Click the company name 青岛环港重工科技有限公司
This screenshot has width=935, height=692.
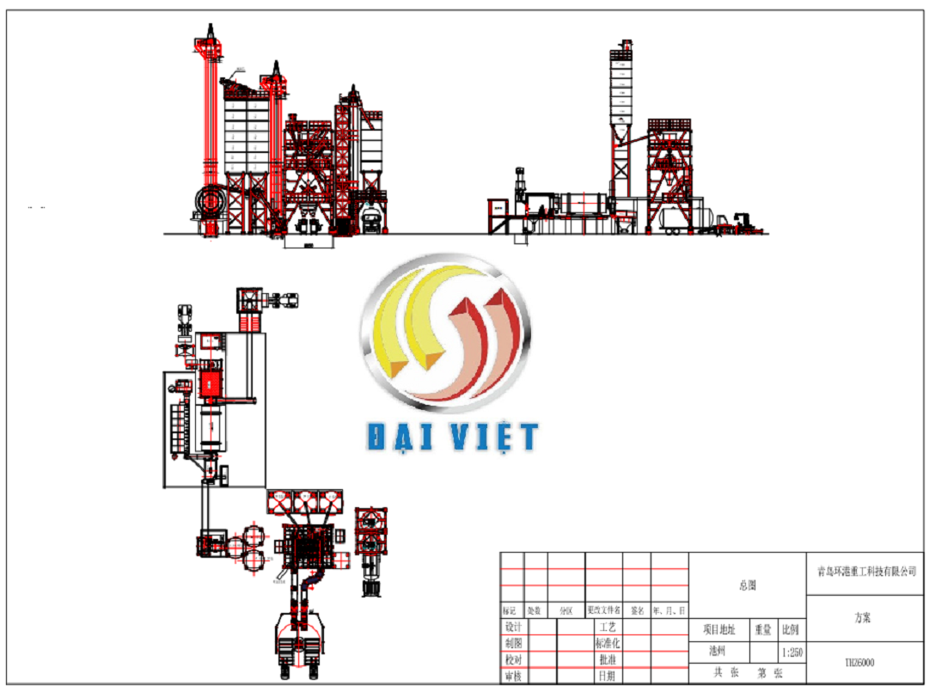click(865, 571)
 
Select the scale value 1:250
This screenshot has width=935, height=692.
click(792, 652)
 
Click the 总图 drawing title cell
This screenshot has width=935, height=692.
click(748, 585)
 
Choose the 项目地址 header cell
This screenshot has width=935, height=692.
click(718, 629)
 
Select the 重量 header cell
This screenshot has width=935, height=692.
click(763, 629)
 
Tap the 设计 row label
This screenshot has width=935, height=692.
click(513, 628)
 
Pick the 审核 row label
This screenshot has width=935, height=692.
click(513, 677)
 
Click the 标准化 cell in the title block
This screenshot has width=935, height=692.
click(607, 643)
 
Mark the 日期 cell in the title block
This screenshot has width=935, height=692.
click(607, 677)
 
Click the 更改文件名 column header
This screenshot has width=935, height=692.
click(603, 610)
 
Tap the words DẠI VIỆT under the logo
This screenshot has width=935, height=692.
click(453, 437)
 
